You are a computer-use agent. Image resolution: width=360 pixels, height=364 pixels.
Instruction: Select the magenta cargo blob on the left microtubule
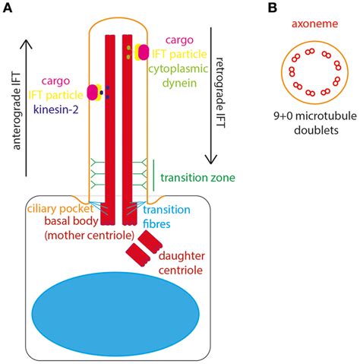pyautogui.click(x=93, y=93)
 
